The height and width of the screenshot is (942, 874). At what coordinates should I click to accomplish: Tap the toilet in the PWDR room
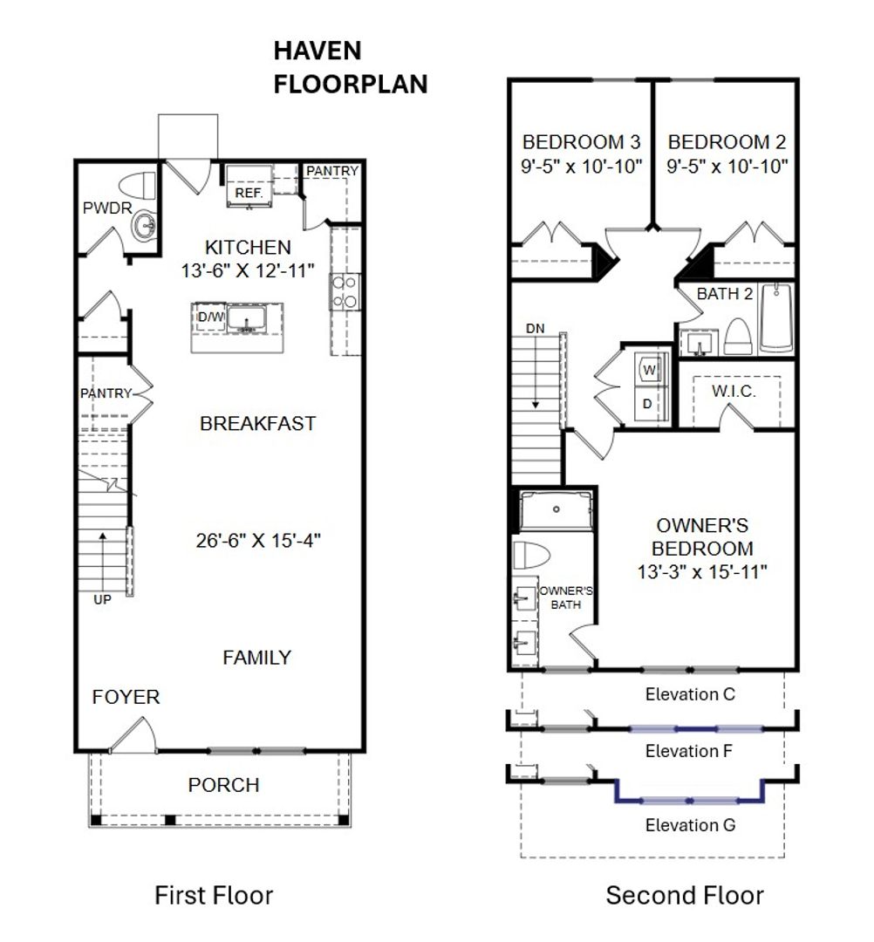[x=138, y=186]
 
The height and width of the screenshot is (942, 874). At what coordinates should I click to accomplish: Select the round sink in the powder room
[x=144, y=226]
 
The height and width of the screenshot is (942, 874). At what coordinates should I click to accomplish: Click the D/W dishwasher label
[x=211, y=317]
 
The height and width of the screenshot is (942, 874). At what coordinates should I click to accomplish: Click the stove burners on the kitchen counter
[x=345, y=292]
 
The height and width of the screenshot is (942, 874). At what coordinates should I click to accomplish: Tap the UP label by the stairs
[x=102, y=599]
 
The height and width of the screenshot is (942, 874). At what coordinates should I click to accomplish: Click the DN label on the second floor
[x=536, y=329]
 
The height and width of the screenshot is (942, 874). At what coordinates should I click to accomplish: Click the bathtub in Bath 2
[x=776, y=317]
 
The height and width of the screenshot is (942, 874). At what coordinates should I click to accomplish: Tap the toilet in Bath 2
[x=738, y=337]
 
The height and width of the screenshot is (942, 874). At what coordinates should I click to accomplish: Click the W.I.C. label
[x=734, y=392]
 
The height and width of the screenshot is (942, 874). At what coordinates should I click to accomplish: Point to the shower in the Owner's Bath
[x=556, y=510]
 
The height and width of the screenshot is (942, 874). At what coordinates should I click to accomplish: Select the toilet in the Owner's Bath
[x=531, y=554]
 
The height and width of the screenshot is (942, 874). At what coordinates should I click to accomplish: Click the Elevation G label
[x=690, y=825]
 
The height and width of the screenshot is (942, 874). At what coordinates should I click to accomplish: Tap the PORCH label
[x=223, y=785]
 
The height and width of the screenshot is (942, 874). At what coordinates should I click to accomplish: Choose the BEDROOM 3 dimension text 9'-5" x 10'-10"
[x=582, y=167]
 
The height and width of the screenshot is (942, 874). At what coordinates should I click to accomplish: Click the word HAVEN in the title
[x=318, y=51]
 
